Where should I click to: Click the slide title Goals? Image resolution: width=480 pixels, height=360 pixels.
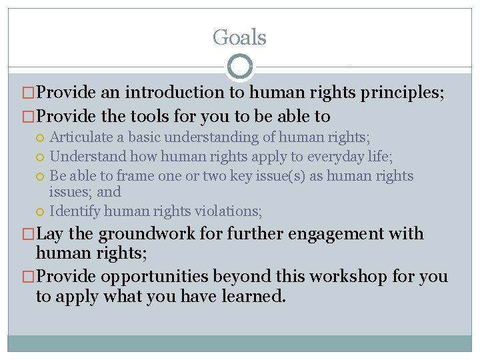239,37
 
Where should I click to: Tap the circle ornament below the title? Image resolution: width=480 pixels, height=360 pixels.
240,67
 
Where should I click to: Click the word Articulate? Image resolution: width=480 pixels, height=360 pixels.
85,137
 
